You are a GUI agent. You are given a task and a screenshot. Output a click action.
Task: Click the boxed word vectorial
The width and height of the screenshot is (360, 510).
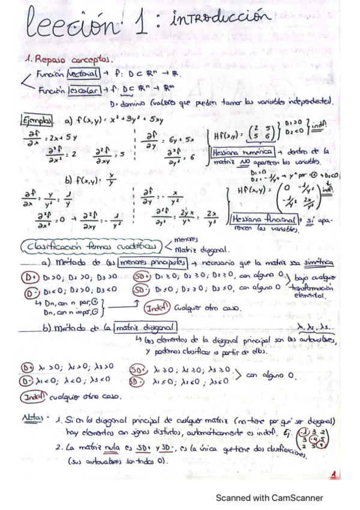point(85,75)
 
